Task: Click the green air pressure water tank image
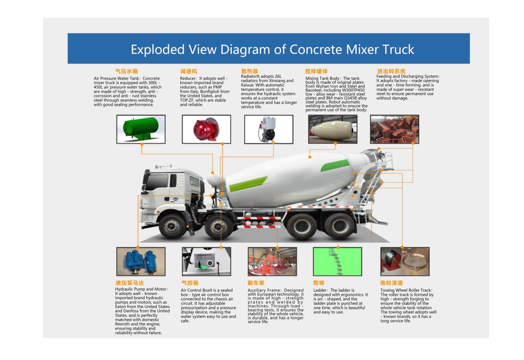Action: point(141,129)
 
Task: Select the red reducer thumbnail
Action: point(206,129)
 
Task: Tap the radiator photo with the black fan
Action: point(269,129)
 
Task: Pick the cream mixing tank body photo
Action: point(333,129)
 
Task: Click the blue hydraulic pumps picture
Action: point(141,261)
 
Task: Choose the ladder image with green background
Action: point(337,261)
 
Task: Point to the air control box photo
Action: point(206,261)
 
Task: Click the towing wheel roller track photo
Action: point(405,261)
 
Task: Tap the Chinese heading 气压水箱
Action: point(126,71)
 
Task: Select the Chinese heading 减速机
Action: point(189,71)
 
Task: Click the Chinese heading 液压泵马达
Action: point(130,283)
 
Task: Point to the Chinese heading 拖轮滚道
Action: point(391,283)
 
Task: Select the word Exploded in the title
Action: point(158,50)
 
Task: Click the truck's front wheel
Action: point(172,226)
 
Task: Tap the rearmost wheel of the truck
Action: point(339,226)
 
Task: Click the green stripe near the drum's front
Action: point(248,184)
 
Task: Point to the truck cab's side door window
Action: point(173,181)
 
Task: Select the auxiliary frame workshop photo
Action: point(272,261)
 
